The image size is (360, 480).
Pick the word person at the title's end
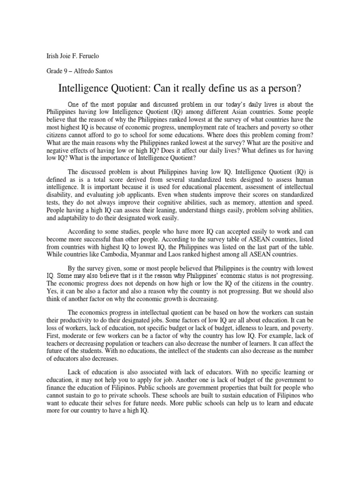pos(285,88)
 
